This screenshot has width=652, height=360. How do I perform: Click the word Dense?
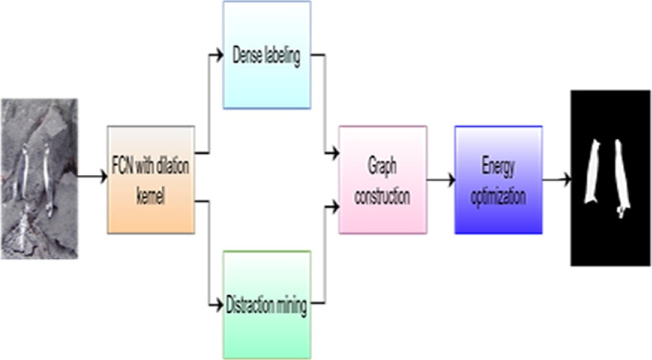point(248,56)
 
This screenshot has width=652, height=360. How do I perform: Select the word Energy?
point(499,167)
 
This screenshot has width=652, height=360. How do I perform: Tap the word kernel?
point(151,196)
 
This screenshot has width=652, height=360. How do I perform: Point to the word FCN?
point(124,165)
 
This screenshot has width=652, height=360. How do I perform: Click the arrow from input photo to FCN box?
point(92,176)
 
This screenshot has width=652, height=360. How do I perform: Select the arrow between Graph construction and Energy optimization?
point(440,178)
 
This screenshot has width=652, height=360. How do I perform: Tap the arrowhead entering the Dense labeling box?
point(219,56)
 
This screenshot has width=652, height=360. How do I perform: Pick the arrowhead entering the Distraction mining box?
point(219,304)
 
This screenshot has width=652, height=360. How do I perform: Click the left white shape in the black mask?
point(595,171)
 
